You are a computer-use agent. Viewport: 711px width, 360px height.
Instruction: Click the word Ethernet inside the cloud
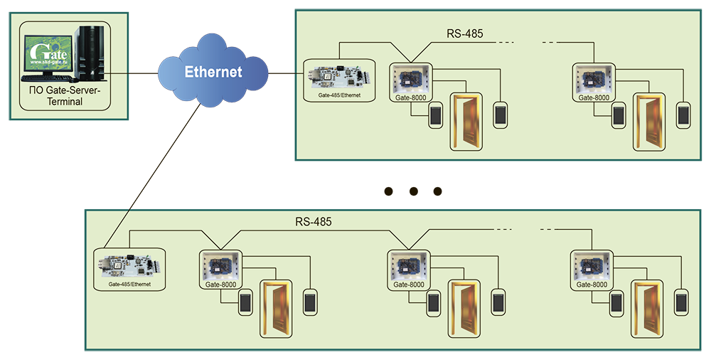point(213,72)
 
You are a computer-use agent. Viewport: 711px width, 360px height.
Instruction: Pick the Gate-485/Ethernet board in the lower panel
point(129,265)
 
